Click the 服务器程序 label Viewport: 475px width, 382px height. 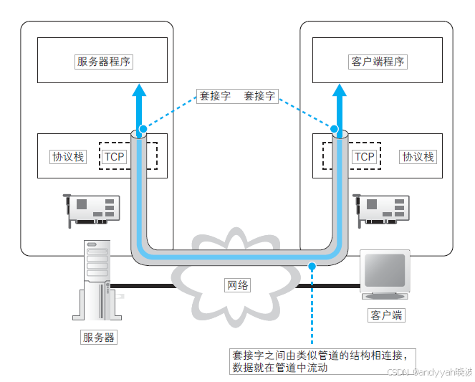[105, 61]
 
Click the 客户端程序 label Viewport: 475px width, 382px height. [378, 61]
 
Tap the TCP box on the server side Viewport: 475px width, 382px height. [115, 156]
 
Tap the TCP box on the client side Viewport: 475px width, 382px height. [365, 156]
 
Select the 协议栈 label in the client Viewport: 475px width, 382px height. [418, 156]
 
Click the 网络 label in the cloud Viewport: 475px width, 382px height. [237, 285]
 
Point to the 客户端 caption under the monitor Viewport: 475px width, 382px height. [386, 315]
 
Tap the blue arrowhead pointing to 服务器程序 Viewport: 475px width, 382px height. [140, 90]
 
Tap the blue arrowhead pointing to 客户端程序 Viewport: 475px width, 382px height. [338, 90]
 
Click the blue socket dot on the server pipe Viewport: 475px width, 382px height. [143, 129]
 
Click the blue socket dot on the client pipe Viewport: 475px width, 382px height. [334, 129]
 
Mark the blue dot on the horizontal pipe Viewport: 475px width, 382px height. [312, 267]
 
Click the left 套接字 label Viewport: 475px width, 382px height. [215, 95]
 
